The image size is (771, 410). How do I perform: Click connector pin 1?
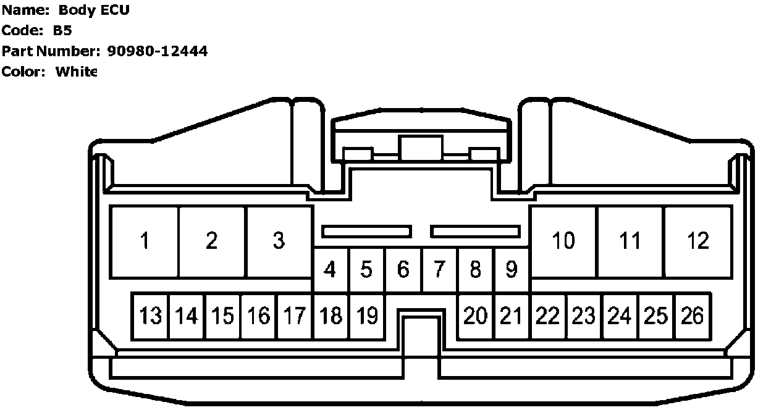(145, 241)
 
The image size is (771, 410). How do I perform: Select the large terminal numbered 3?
(279, 241)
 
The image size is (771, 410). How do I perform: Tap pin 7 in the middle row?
(439, 270)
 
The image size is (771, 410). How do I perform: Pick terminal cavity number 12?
(698, 241)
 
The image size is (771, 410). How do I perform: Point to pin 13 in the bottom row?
(150, 316)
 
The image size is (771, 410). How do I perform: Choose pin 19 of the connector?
(367, 316)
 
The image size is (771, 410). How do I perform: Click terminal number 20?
(475, 316)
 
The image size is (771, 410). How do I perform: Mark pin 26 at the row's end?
(693, 316)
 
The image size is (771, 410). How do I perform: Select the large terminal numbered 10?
(563, 241)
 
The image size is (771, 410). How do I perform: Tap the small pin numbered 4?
(331, 270)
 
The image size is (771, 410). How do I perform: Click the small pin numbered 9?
(511, 270)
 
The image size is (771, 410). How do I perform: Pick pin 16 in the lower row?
(259, 316)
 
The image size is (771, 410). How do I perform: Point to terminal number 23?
(583, 316)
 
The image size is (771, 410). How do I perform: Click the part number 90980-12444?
(158, 51)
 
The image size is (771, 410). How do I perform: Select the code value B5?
(63, 31)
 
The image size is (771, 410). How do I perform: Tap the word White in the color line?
(77, 72)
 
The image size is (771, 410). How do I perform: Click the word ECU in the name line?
(116, 10)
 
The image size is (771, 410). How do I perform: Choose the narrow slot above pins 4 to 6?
(366, 232)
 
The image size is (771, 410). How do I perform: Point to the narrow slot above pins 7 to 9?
(476, 232)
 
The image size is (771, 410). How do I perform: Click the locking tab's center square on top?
(421, 149)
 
